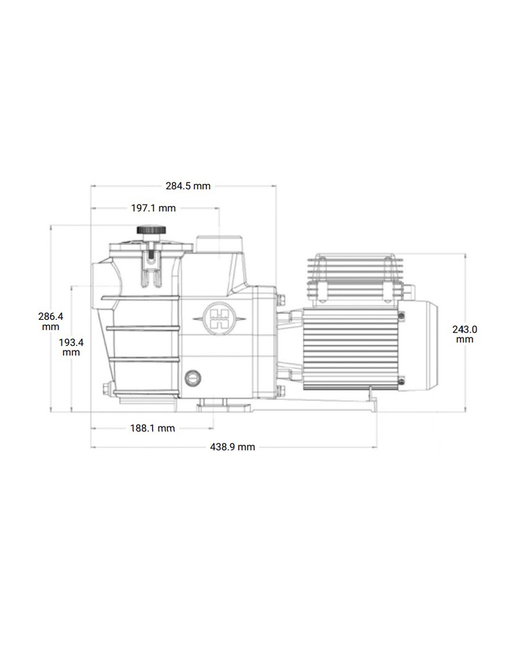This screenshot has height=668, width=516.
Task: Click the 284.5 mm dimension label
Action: [x=188, y=186]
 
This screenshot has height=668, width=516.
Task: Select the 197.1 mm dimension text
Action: [x=153, y=208]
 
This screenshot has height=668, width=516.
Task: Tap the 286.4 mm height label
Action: [x=51, y=321]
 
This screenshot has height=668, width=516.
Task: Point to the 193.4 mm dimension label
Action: [x=71, y=347]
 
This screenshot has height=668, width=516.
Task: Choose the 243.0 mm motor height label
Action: [x=464, y=334]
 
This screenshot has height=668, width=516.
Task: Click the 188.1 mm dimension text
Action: [x=152, y=428]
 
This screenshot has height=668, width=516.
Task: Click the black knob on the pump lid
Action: [x=151, y=230]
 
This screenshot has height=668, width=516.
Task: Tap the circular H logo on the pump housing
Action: [x=219, y=318]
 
